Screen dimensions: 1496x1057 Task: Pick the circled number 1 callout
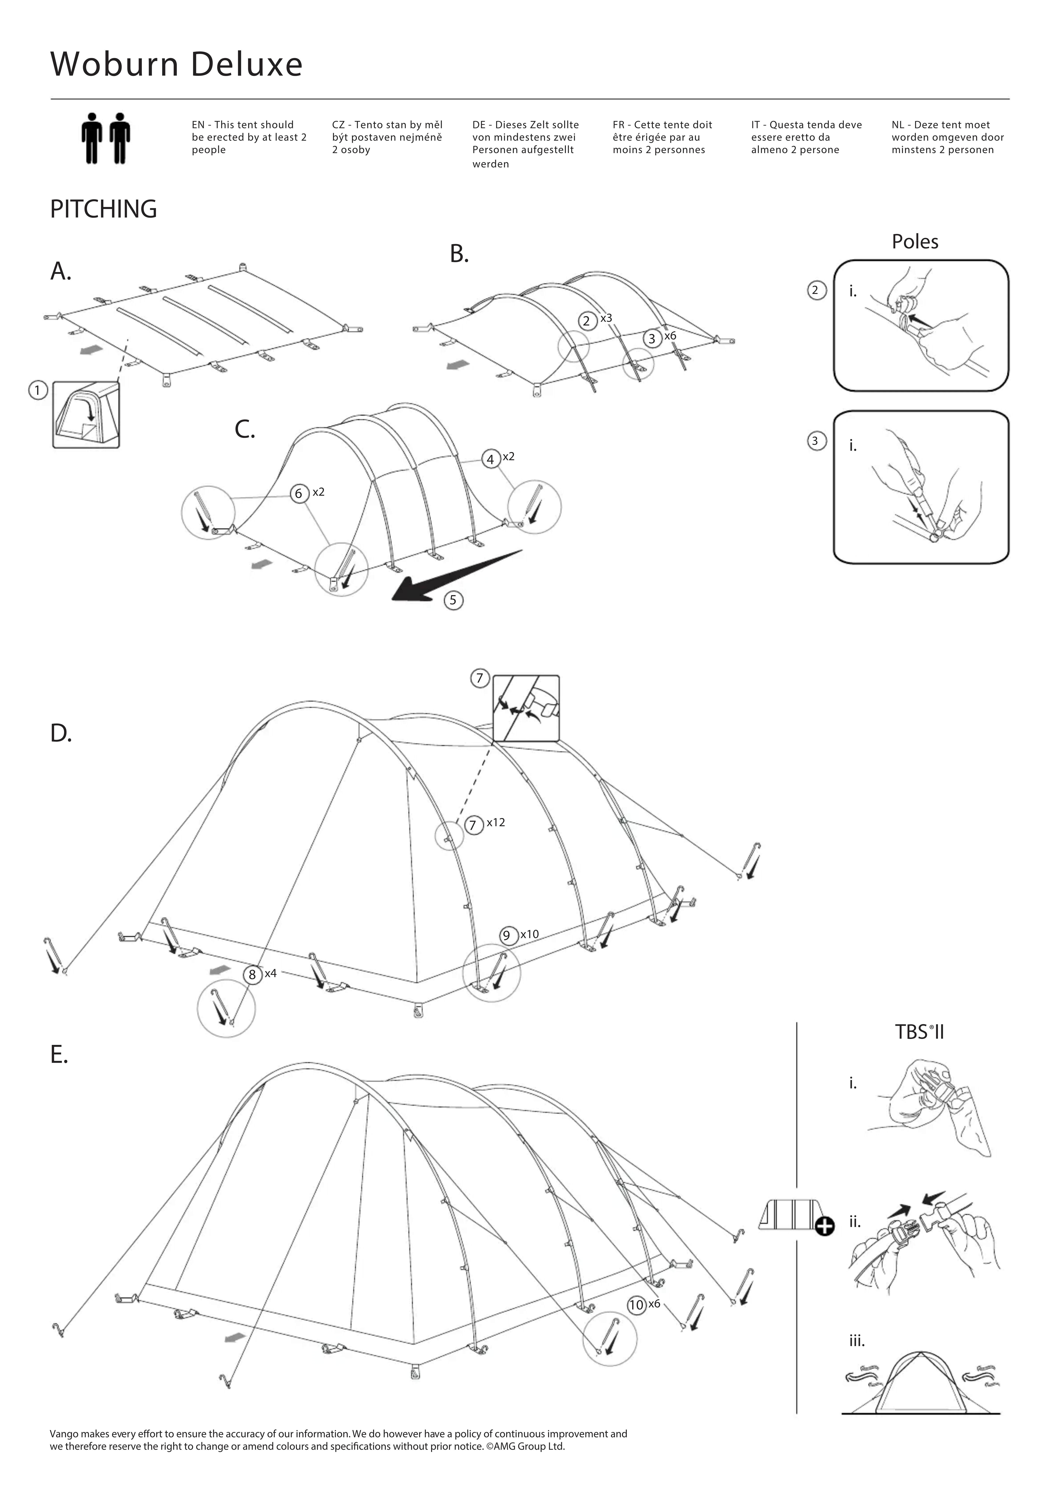point(38,390)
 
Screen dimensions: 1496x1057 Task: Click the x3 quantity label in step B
point(606,318)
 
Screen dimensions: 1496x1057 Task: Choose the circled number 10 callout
point(636,1304)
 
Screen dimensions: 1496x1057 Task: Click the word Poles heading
point(915,242)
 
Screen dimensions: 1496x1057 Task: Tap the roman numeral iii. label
point(857,1341)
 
